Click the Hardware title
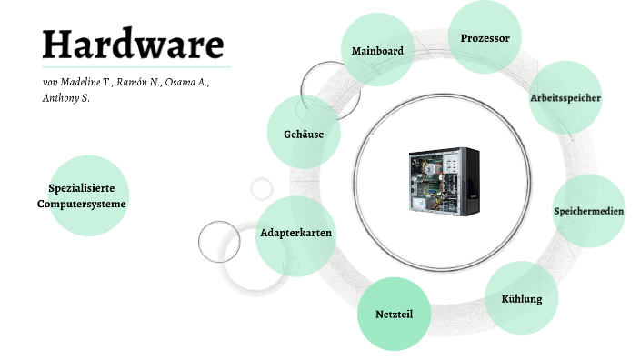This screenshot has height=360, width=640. [133, 43]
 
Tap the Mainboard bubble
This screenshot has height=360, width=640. [377, 51]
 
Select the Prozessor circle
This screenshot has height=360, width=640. [485, 38]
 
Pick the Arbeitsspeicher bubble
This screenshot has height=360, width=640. [565, 97]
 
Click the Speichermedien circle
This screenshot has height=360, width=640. [588, 211]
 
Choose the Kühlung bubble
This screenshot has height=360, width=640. [522, 298]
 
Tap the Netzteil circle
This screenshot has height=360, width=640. [394, 314]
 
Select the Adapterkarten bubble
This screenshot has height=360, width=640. [295, 234]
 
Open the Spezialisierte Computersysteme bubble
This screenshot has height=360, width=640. [88, 195]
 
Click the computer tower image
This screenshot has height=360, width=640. [442, 182]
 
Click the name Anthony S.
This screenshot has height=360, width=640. [65, 97]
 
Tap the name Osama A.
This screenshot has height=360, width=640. [188, 82]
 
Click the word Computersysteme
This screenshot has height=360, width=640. [82, 204]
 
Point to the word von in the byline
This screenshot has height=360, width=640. [50, 83]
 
